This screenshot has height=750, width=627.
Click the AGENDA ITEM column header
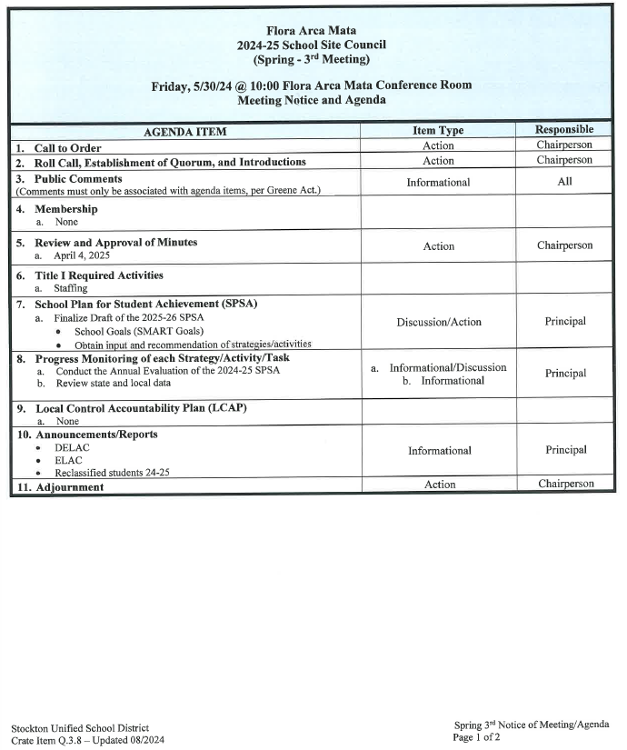pyautogui.click(x=184, y=132)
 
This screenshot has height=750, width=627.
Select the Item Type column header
pyautogui.click(x=438, y=131)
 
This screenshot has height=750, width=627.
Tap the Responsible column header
pyautogui.click(x=563, y=130)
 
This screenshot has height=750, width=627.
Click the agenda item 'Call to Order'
pyautogui.click(x=67, y=148)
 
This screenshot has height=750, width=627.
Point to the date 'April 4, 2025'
pyautogui.click(x=82, y=255)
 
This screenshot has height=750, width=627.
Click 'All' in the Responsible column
pyautogui.click(x=564, y=182)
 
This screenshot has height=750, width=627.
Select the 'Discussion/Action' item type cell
pyautogui.click(x=439, y=322)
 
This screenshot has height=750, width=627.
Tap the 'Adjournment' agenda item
pyautogui.click(x=69, y=487)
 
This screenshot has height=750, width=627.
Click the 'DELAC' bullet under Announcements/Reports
pyautogui.click(x=72, y=448)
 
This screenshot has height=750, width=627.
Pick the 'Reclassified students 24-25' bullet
pyautogui.click(x=112, y=473)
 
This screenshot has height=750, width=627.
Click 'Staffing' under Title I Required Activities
pyautogui.click(x=71, y=288)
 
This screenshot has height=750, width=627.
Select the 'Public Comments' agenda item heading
pyautogui.click(x=78, y=179)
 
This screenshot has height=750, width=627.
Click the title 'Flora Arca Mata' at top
pyautogui.click(x=311, y=30)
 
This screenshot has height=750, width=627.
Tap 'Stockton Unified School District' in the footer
pyautogui.click(x=80, y=728)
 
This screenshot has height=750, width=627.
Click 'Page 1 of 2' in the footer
pyautogui.click(x=476, y=737)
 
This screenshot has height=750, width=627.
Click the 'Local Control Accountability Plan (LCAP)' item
pyautogui.click(x=141, y=408)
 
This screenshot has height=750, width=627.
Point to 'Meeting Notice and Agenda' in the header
pyautogui.click(x=311, y=100)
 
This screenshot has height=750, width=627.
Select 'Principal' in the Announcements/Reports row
pyautogui.click(x=564, y=450)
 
